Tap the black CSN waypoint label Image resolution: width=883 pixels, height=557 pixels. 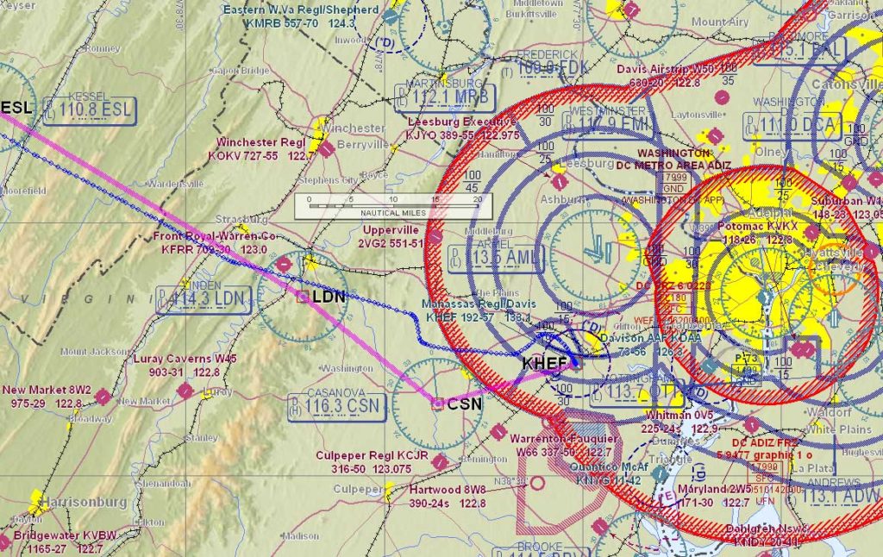464,404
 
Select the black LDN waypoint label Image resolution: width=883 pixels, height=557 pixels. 329,297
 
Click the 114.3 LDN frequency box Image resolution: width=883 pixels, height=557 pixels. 204,299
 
